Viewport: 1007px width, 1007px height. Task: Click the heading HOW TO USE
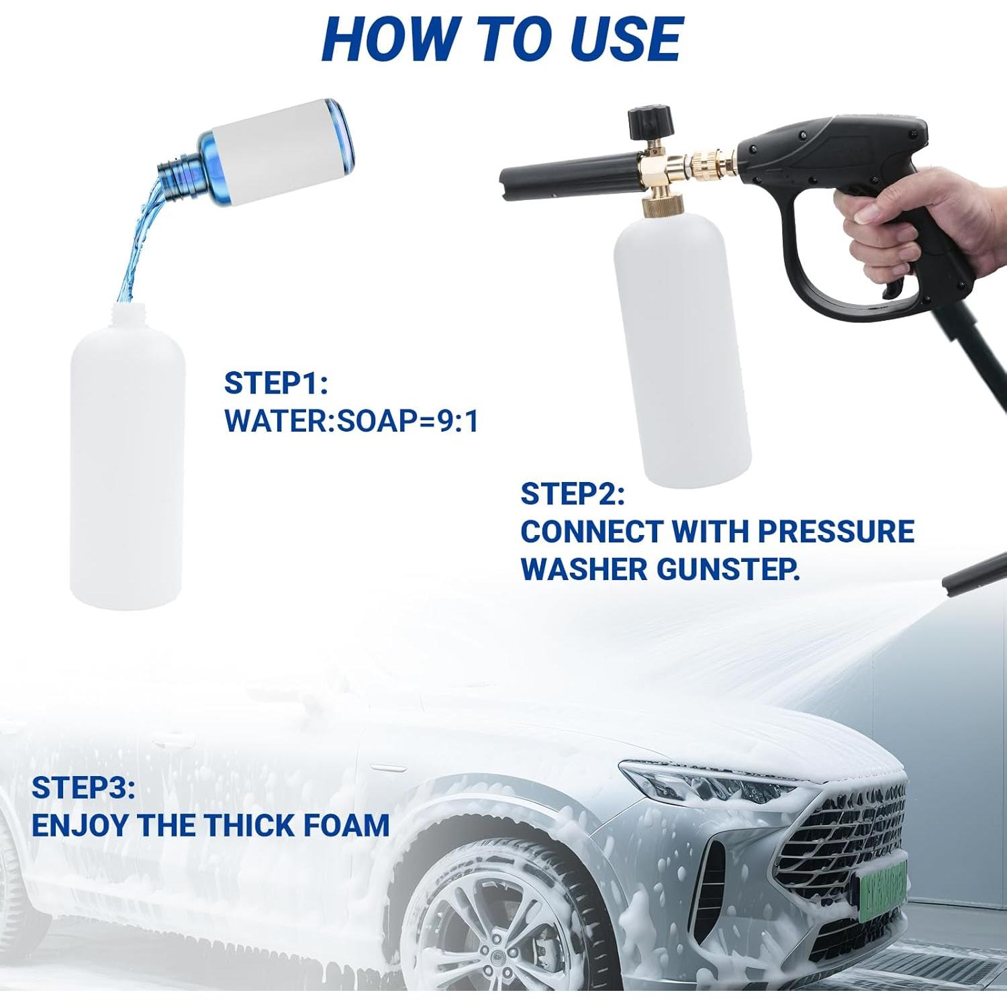click(502, 39)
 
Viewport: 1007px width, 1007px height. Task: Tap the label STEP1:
click(276, 383)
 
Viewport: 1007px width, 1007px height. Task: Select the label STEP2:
click(573, 494)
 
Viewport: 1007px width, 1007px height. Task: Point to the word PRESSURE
click(836, 532)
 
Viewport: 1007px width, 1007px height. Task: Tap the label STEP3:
click(83, 788)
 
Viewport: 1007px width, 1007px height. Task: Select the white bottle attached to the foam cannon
click(681, 349)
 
